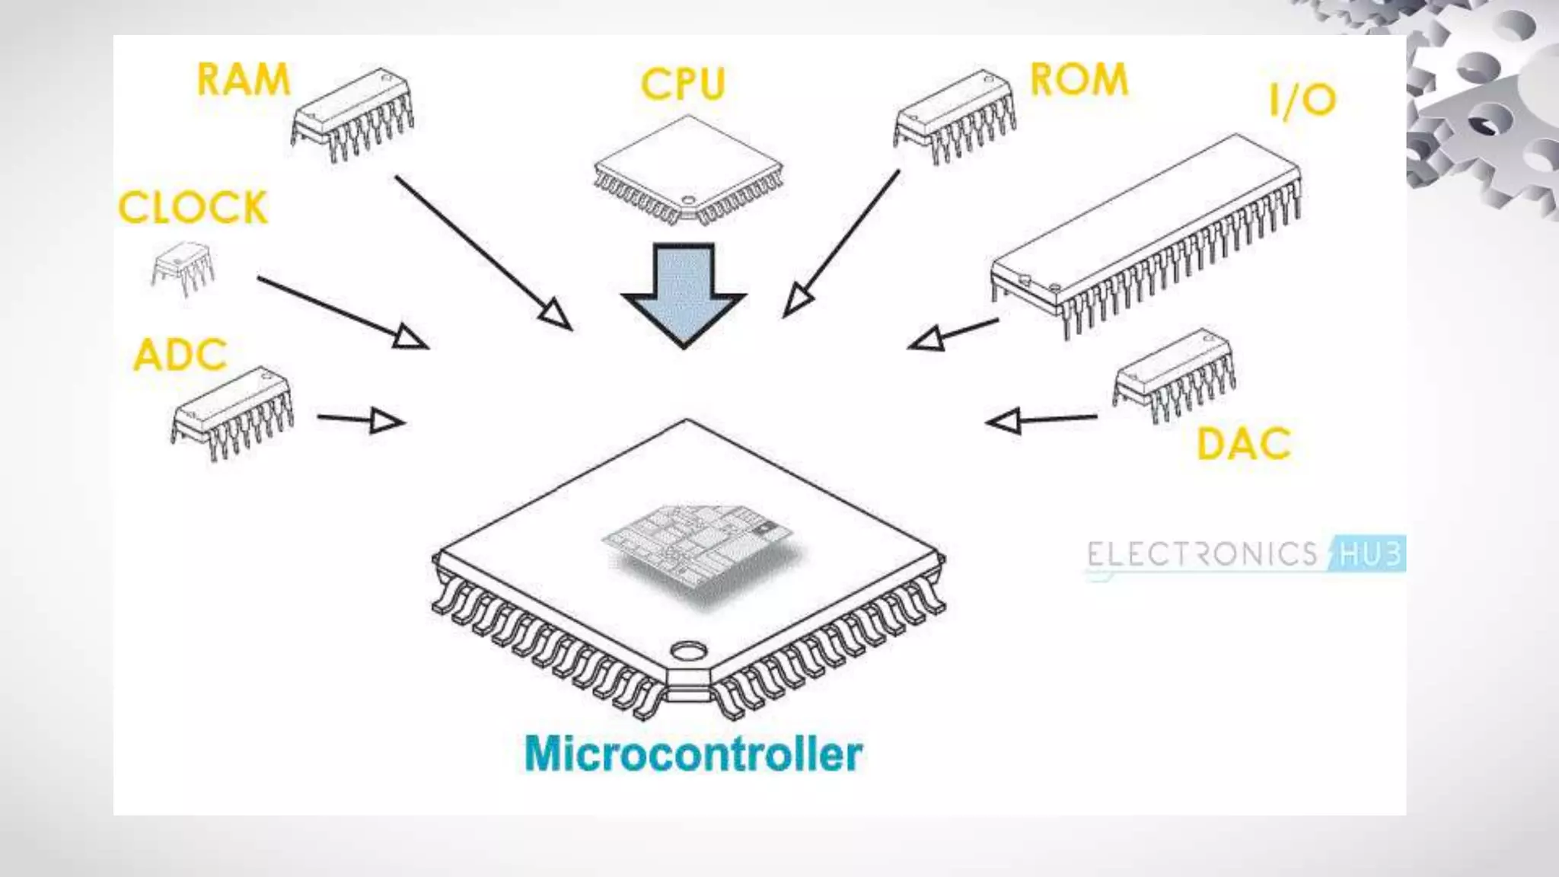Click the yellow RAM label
[244, 79]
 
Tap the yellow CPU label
[683, 84]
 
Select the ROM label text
[1079, 79]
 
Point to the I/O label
[1302, 100]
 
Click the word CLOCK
[193, 207]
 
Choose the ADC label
[180, 355]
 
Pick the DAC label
[1244, 444]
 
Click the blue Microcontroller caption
[693, 754]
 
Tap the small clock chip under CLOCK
[183, 266]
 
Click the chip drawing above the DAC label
[1173, 374]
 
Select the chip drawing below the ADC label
[232, 413]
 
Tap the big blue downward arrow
[684, 293]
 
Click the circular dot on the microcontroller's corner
[688, 652]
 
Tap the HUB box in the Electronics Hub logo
[1369, 553]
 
